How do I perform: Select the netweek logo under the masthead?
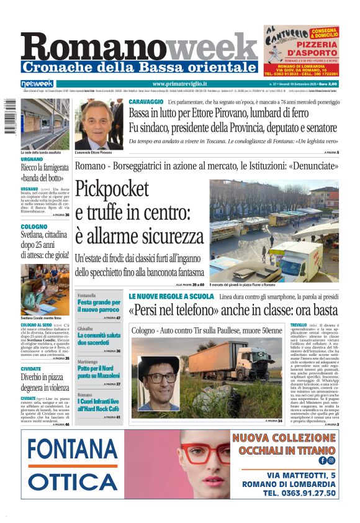37,84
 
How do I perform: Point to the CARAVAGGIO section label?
146,101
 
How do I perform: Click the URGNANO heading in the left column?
32,160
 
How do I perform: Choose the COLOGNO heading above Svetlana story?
34,227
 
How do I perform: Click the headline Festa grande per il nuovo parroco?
99,306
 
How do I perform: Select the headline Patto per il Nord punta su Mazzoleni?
99,373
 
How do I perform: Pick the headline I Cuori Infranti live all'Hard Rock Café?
99,406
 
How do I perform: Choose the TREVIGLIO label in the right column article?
298,325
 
